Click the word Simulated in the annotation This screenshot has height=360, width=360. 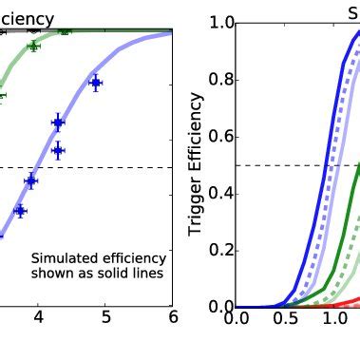pos(64,258)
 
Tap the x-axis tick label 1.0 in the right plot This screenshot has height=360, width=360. pos(333,318)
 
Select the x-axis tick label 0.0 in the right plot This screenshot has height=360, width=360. pos(237,318)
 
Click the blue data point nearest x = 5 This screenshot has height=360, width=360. pos(95,84)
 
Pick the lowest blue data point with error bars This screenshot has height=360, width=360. pos(20,211)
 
